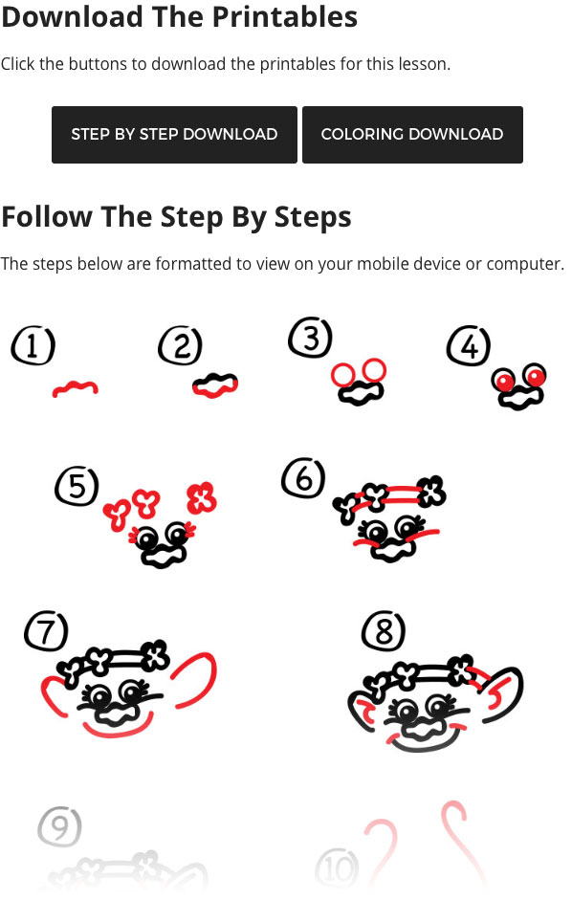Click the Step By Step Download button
click(x=174, y=135)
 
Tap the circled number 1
click(x=33, y=346)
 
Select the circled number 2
click(x=181, y=346)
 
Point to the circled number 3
click(x=311, y=339)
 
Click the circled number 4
click(x=469, y=347)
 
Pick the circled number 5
click(x=77, y=487)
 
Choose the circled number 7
click(x=46, y=631)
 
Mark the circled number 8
click(x=384, y=631)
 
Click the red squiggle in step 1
click(x=75, y=388)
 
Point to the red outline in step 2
click(x=215, y=384)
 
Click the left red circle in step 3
click(x=342, y=373)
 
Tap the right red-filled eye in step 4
click(x=534, y=377)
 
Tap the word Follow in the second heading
click(x=46, y=216)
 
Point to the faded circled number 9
click(x=59, y=827)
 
